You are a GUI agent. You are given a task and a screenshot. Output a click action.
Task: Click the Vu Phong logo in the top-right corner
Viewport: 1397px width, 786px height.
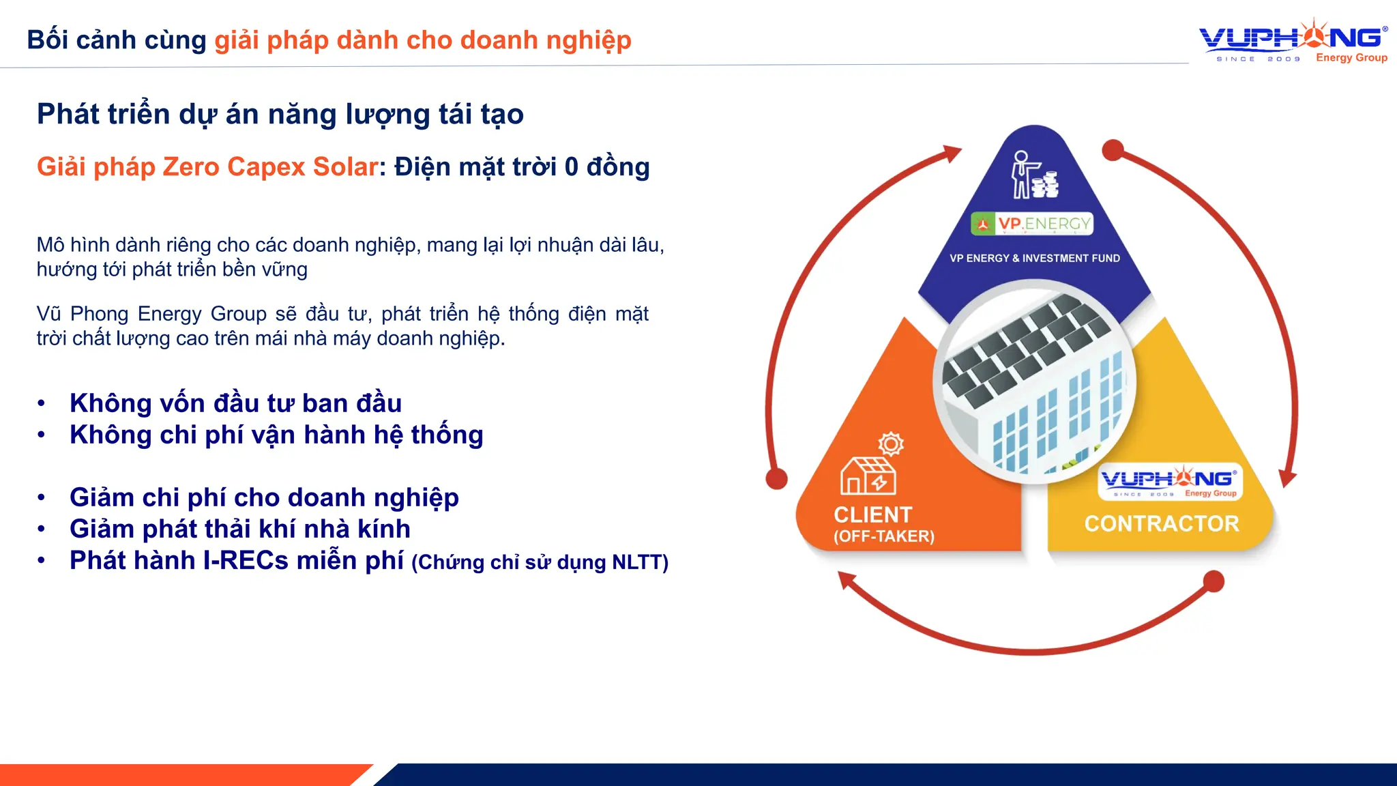click(x=1293, y=41)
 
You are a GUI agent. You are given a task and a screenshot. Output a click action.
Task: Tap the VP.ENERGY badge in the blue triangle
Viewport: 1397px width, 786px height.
click(x=1032, y=224)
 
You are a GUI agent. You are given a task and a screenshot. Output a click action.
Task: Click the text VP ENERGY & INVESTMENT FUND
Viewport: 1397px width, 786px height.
click(x=1034, y=259)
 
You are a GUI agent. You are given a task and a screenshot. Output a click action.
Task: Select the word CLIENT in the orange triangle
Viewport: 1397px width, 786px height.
click(x=872, y=515)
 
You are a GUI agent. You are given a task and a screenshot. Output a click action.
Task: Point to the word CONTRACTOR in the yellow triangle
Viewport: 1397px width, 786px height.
click(x=1162, y=524)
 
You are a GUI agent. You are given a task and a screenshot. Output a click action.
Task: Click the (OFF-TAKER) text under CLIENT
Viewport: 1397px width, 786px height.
click(x=883, y=537)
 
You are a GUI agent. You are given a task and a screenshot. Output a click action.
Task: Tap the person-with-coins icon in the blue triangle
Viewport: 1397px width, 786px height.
click(x=1033, y=176)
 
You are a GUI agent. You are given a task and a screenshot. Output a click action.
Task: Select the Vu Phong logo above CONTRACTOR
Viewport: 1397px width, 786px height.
click(x=1170, y=482)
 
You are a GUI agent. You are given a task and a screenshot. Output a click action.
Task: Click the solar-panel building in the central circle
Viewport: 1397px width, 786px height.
click(x=1034, y=382)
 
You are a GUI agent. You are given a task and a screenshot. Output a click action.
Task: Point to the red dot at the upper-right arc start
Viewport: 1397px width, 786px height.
click(x=1113, y=150)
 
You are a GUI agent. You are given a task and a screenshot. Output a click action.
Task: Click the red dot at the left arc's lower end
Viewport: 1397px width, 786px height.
click(x=776, y=479)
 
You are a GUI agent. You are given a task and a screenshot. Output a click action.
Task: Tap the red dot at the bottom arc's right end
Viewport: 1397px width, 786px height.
click(x=1213, y=582)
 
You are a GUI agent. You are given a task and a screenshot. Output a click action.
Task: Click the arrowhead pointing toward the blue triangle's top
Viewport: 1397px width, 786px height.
click(x=951, y=154)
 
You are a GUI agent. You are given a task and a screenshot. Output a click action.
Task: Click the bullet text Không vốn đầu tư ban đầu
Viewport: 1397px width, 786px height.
click(x=235, y=404)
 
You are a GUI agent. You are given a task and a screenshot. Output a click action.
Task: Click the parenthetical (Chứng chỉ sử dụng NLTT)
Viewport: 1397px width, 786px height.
click(x=540, y=563)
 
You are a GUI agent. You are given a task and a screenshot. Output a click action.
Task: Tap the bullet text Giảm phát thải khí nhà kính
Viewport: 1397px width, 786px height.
click(x=239, y=529)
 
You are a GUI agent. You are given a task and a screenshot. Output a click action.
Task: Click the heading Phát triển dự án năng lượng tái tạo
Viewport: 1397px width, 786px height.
click(x=280, y=114)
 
